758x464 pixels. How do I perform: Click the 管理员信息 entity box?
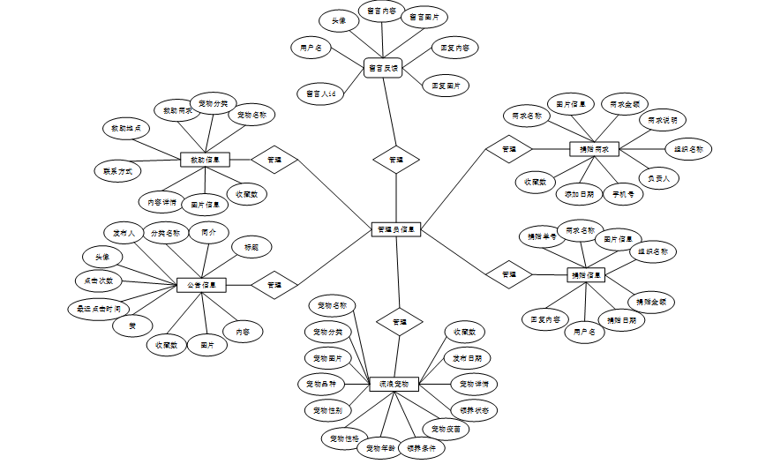[x=396, y=229]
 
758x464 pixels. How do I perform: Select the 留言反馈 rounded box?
[x=383, y=67]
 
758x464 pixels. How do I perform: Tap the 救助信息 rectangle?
[x=205, y=161]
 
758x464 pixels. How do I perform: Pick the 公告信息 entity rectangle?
[x=202, y=285]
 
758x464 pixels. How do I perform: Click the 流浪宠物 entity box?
[x=394, y=384]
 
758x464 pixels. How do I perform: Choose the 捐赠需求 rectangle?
[x=595, y=149]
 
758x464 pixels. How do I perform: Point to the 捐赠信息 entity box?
[x=586, y=275]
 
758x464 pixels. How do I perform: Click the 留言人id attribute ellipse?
[x=319, y=91]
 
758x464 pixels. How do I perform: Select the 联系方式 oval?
[x=117, y=169]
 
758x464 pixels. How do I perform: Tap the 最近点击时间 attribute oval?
[x=99, y=309]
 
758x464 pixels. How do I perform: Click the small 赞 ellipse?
[x=132, y=326]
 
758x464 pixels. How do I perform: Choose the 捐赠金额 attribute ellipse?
[x=654, y=301]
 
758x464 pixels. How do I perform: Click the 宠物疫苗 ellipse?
[x=445, y=428]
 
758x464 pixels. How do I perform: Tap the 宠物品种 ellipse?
[x=319, y=384]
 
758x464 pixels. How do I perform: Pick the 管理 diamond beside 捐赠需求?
[x=508, y=149]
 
